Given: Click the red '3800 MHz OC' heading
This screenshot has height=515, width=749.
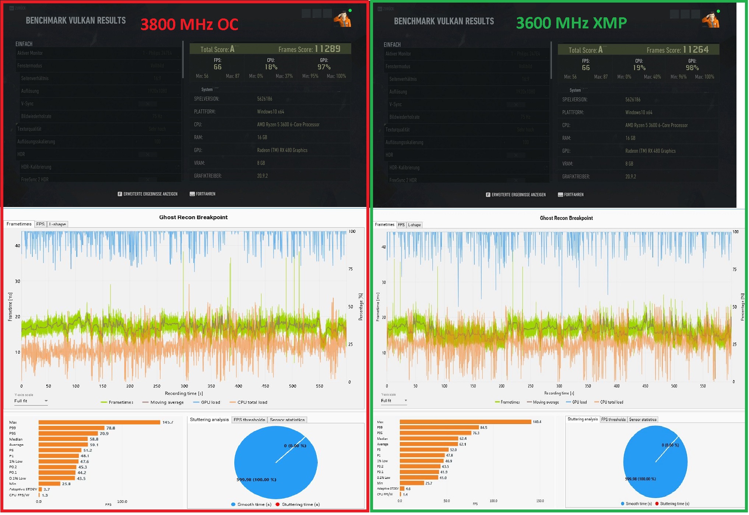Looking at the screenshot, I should (x=189, y=25).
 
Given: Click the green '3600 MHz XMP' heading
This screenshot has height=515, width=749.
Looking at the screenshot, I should (x=571, y=23).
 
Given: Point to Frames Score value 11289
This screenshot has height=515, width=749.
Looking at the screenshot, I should (x=327, y=49).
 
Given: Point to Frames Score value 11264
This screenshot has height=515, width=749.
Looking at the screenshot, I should (x=696, y=50).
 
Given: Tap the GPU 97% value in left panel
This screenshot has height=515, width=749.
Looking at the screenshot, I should (x=324, y=67).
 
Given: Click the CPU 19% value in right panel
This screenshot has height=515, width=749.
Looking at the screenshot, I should (x=639, y=68).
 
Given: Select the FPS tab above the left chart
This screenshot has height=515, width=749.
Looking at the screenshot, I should (x=40, y=224).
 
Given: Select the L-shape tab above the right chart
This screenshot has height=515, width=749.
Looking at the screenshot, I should (x=414, y=225).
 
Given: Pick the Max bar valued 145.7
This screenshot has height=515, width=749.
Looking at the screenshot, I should (x=99, y=423).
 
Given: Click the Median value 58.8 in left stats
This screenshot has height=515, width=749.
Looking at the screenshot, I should (x=94, y=439).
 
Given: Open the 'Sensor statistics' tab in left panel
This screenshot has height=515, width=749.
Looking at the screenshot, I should (x=287, y=420).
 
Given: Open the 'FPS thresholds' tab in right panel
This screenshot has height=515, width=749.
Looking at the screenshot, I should (x=613, y=420).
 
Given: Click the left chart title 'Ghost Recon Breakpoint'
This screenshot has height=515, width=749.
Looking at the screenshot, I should (x=193, y=217).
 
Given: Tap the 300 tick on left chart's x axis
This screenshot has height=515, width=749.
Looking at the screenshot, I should (x=184, y=386).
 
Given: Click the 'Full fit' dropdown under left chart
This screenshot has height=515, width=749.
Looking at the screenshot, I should (x=31, y=401).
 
